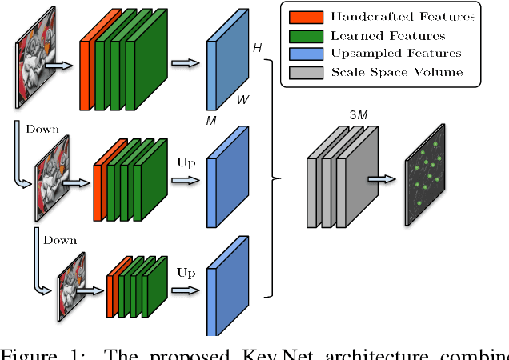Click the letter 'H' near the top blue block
point(257,49)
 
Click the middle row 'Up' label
point(186,163)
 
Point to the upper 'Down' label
point(42,129)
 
